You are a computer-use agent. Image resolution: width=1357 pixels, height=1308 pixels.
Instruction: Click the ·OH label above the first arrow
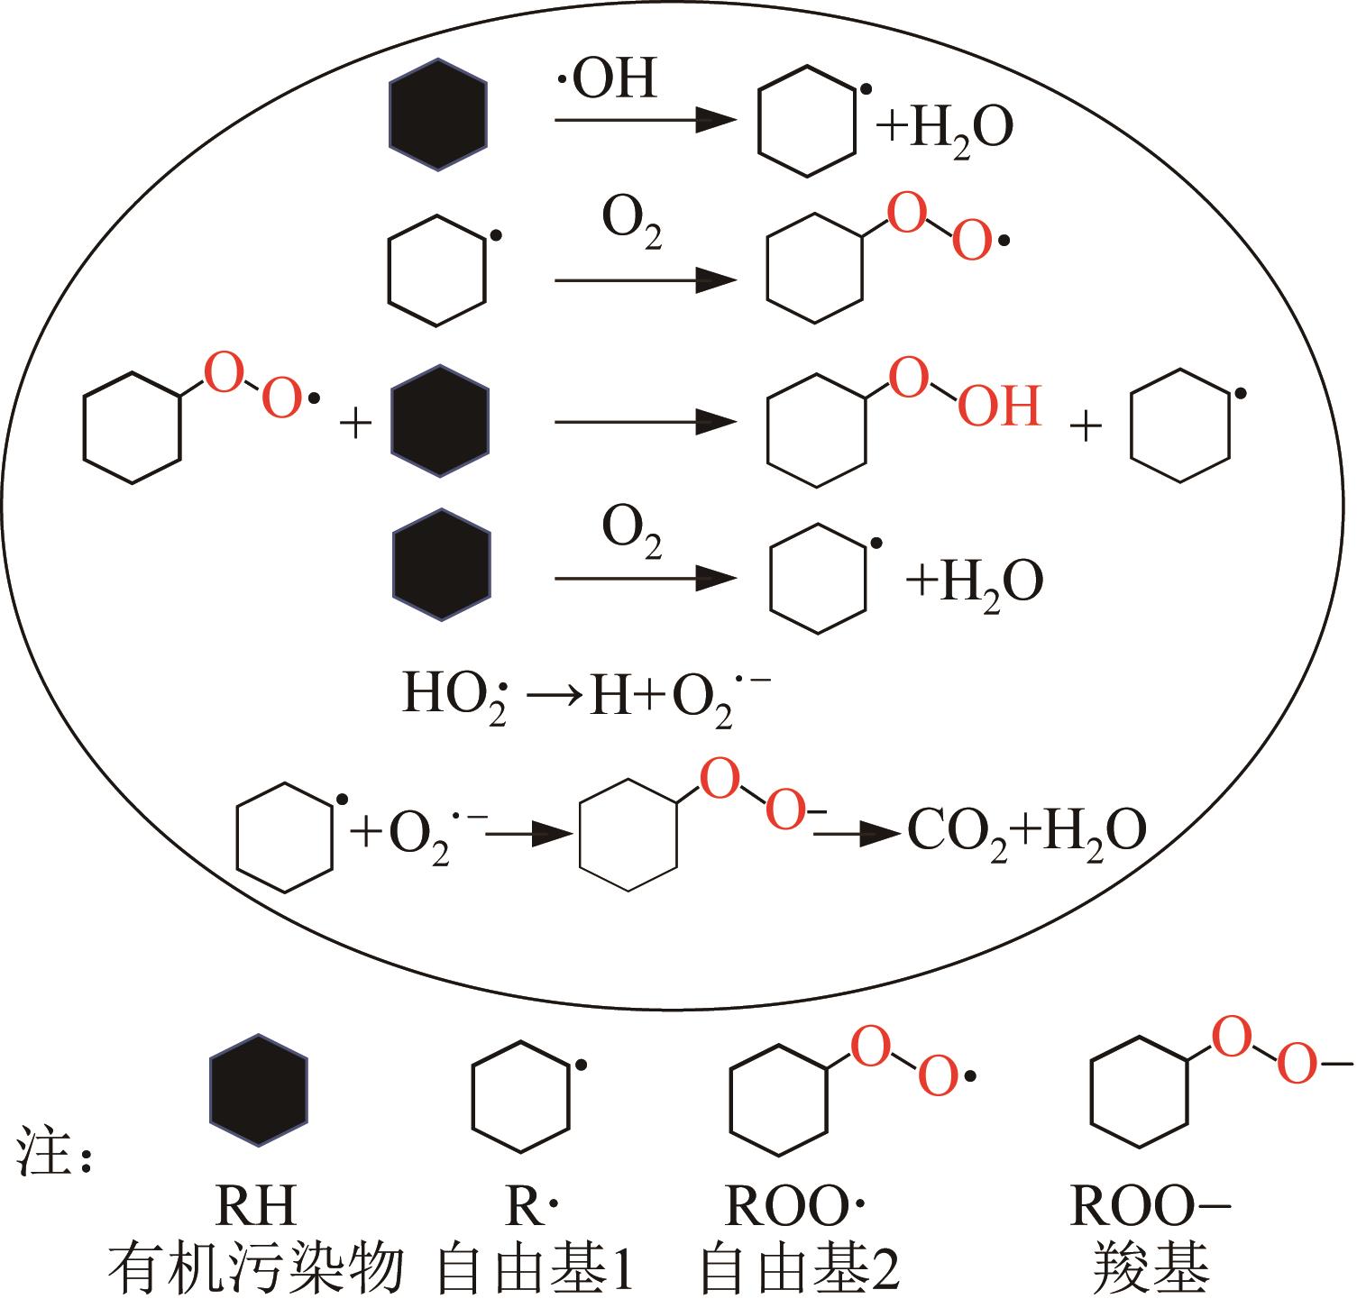606,80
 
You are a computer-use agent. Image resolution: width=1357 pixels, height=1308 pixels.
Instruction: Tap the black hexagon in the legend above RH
259,1090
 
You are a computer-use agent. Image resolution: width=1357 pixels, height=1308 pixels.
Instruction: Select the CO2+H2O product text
1026,832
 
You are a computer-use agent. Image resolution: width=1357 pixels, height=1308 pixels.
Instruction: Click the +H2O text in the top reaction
945,128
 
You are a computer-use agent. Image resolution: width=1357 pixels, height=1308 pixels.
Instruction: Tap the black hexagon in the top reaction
437,114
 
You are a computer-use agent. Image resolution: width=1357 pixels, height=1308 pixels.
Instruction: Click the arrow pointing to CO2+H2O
857,835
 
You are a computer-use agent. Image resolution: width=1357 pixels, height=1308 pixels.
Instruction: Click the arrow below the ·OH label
645,120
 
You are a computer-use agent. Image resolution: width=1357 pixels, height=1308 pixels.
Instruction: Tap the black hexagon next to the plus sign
439,420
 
